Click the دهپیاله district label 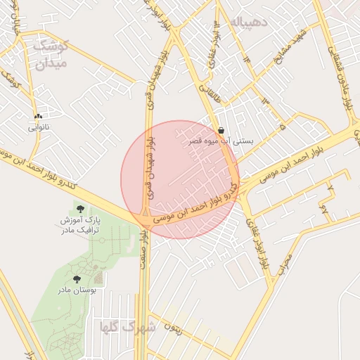tap(249, 22)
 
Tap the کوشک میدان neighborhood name tap(50, 55)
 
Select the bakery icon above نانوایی tap(38, 116)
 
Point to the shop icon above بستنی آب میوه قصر tap(221, 130)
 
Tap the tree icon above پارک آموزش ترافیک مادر tap(79, 209)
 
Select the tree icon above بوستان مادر tap(77, 279)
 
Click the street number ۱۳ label tap(265, 103)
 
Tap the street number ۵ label tap(282, 127)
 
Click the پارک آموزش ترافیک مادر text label tap(79, 225)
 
